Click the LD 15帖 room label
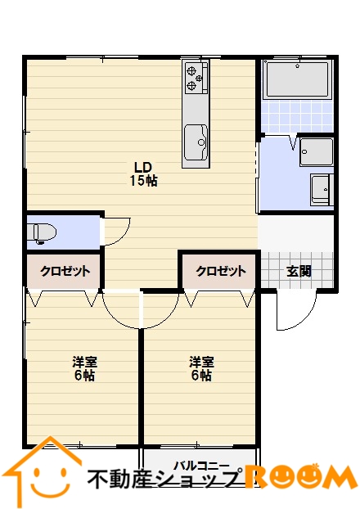(143, 173)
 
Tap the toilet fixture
(42, 232)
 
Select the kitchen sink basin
(196, 142)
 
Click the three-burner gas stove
(196, 78)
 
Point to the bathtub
(297, 79)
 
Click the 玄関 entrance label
(299, 271)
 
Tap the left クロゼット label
(65, 271)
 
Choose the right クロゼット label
(221, 271)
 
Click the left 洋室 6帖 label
(85, 368)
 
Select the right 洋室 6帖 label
(201, 368)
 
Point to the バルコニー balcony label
(201, 466)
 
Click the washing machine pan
(317, 152)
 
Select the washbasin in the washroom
(322, 190)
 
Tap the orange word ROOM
(300, 476)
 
